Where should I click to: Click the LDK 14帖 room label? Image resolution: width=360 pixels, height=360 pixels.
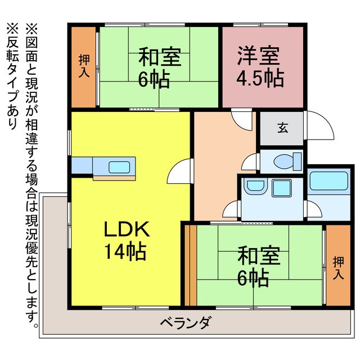[126, 239]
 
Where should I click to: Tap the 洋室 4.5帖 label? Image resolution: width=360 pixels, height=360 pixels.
[259, 68]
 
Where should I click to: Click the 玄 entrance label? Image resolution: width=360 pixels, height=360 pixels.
[281, 128]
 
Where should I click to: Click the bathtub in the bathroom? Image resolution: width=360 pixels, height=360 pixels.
[330, 183]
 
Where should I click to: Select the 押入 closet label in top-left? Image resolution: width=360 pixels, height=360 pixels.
[84, 66]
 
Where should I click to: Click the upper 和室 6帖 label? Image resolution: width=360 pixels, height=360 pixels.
[159, 67]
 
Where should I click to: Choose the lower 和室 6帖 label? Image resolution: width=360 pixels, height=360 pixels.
[258, 265]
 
